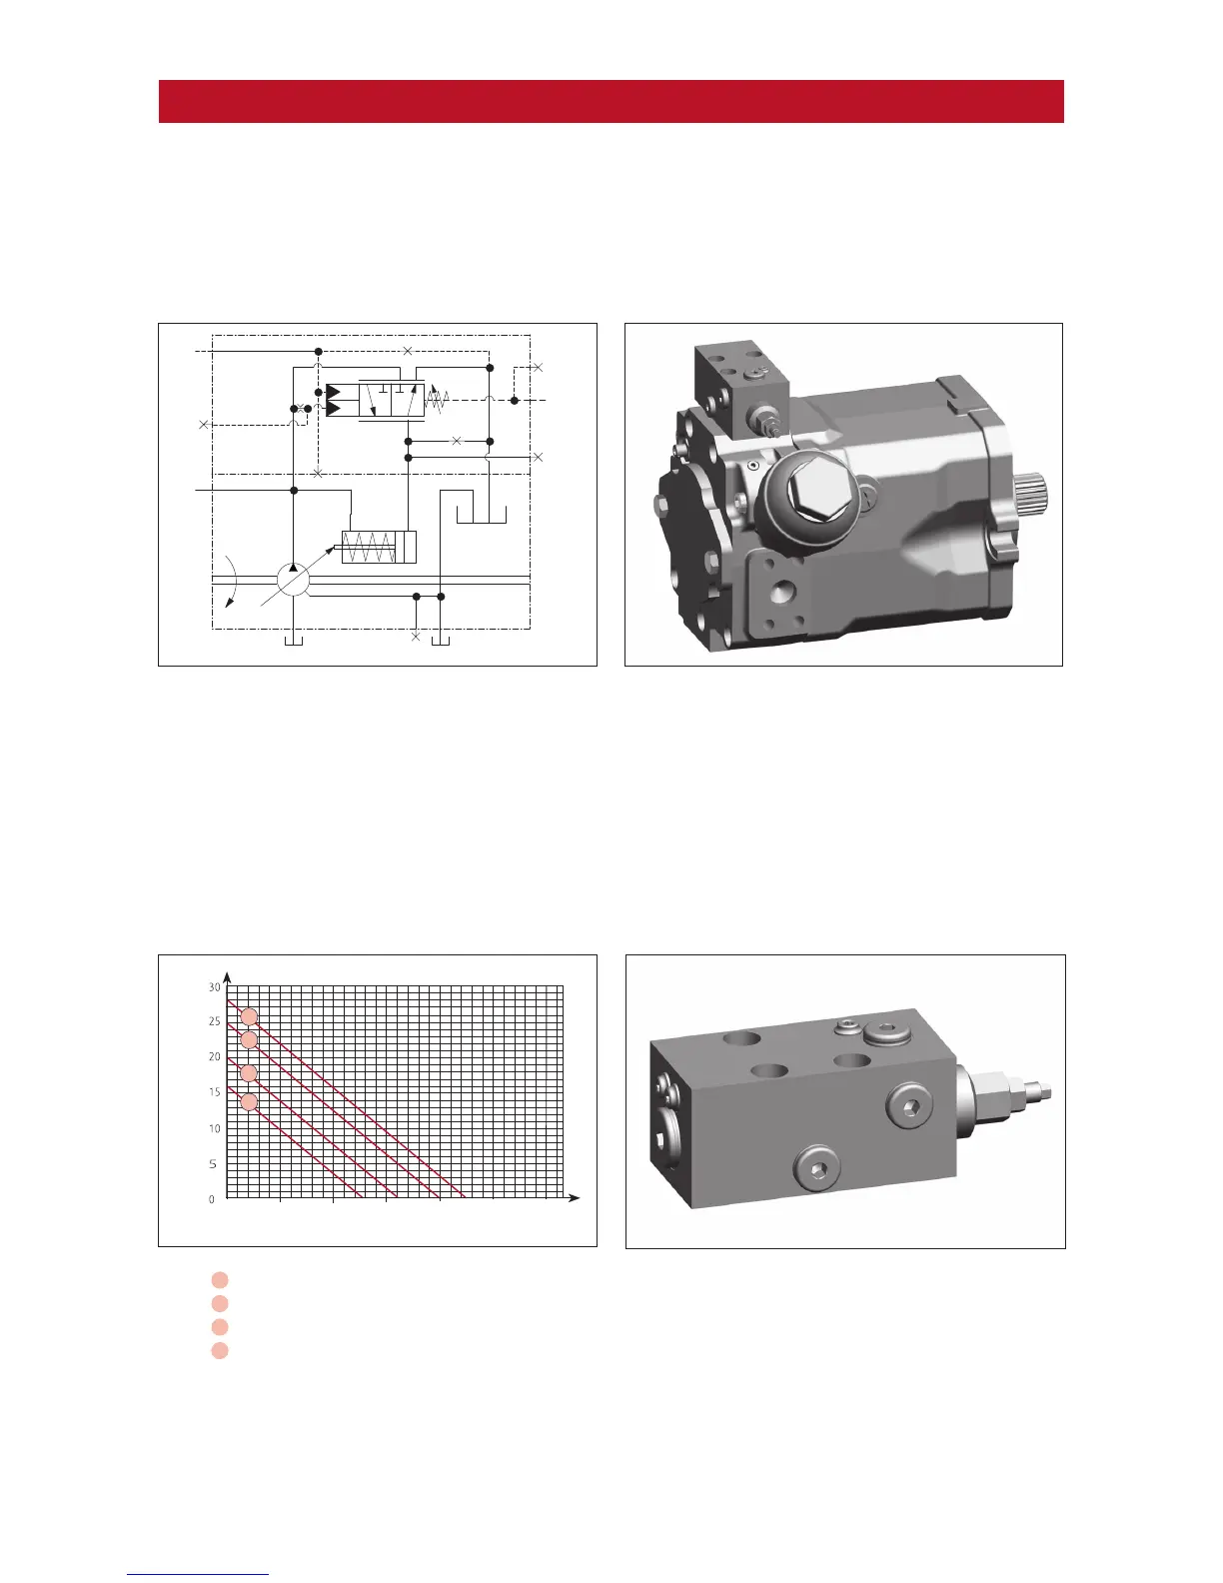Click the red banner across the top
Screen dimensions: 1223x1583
pyautogui.click(x=611, y=101)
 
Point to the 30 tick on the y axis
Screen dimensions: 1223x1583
pyautogui.click(x=214, y=987)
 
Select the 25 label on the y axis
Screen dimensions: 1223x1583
pyautogui.click(x=214, y=1021)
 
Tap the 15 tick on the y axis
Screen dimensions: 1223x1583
pyautogui.click(x=214, y=1092)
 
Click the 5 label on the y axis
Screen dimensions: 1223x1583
pyautogui.click(x=213, y=1163)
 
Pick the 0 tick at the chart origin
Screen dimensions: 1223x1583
pyautogui.click(x=212, y=1199)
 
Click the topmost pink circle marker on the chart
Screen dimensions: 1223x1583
pyautogui.click(x=249, y=1016)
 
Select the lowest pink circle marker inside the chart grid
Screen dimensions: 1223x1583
pyautogui.click(x=249, y=1102)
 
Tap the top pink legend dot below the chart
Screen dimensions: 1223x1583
pyautogui.click(x=219, y=1279)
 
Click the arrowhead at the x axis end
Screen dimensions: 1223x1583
pyautogui.click(x=575, y=1197)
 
